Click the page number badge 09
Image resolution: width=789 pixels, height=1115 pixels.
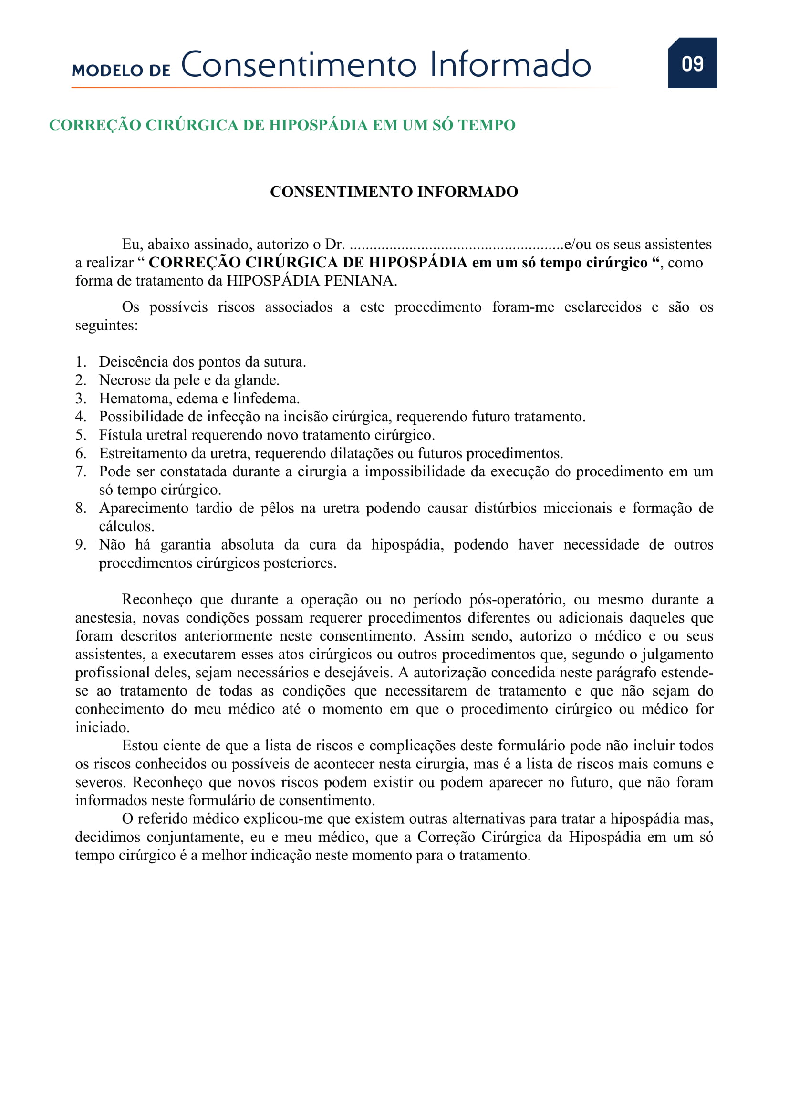point(692,63)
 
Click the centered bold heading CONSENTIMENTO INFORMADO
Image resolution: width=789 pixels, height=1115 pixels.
point(394,192)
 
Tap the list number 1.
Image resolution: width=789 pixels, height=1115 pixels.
point(80,362)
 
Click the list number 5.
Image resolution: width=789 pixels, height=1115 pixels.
point(80,435)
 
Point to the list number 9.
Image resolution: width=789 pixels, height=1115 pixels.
point(80,545)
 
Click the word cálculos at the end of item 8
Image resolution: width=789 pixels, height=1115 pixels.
point(126,526)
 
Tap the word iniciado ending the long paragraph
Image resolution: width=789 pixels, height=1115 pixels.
point(102,727)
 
